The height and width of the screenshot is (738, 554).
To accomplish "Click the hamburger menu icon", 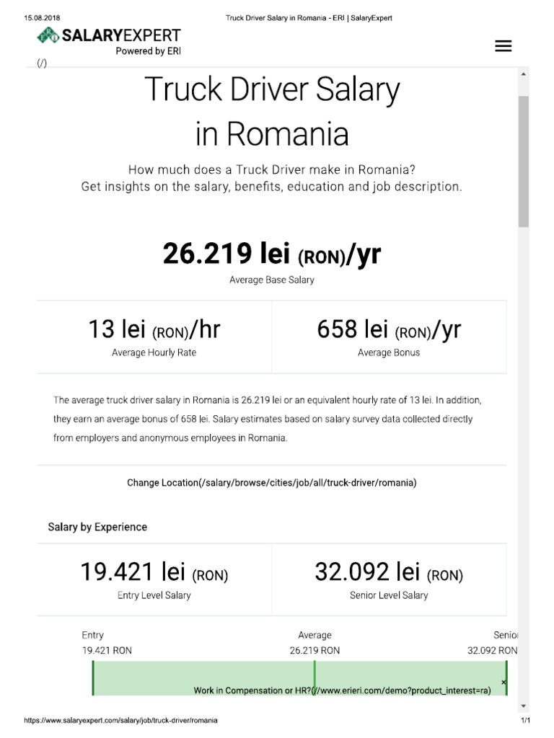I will [503, 46].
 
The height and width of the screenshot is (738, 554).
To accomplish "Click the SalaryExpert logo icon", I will [49, 35].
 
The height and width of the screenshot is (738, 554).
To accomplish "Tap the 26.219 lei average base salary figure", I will [271, 254].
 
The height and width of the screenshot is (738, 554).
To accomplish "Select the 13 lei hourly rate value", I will [154, 329].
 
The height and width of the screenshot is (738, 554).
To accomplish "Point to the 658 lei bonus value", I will [388, 329].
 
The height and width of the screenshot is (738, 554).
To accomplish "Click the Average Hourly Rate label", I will [154, 353].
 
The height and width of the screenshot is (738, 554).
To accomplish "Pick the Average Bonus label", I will [388, 353].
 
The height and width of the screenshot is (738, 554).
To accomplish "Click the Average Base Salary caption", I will [271, 280].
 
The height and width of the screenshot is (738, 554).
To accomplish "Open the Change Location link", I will [271, 483].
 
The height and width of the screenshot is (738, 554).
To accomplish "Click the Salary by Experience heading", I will [97, 527].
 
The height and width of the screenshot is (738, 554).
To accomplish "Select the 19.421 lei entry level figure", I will [154, 572].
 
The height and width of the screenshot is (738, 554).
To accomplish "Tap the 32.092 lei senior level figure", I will [388, 572].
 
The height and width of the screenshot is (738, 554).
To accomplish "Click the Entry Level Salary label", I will [154, 596].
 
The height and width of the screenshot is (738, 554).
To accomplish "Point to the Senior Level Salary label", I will [388, 596].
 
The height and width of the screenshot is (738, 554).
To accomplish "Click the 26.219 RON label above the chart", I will [315, 650].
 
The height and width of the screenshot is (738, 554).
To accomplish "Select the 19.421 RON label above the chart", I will [107, 650].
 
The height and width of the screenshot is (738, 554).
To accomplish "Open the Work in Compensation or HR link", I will [342, 690].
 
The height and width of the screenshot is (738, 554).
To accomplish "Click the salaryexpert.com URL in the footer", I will [120, 721].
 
